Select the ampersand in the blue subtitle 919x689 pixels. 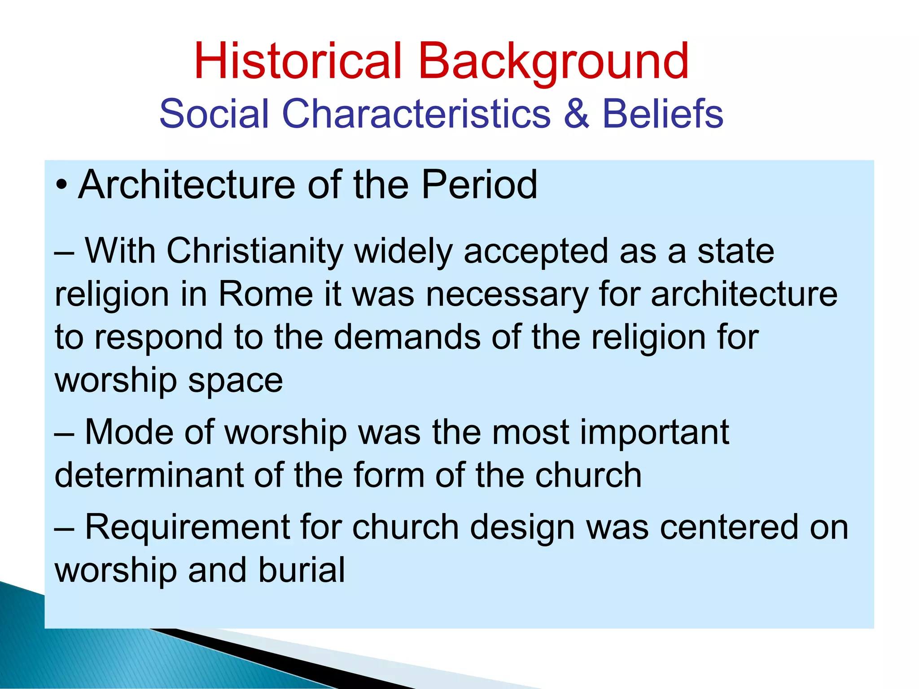576,114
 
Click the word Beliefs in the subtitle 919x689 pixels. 662,114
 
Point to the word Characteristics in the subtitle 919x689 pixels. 416,114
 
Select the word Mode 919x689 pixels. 129,432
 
